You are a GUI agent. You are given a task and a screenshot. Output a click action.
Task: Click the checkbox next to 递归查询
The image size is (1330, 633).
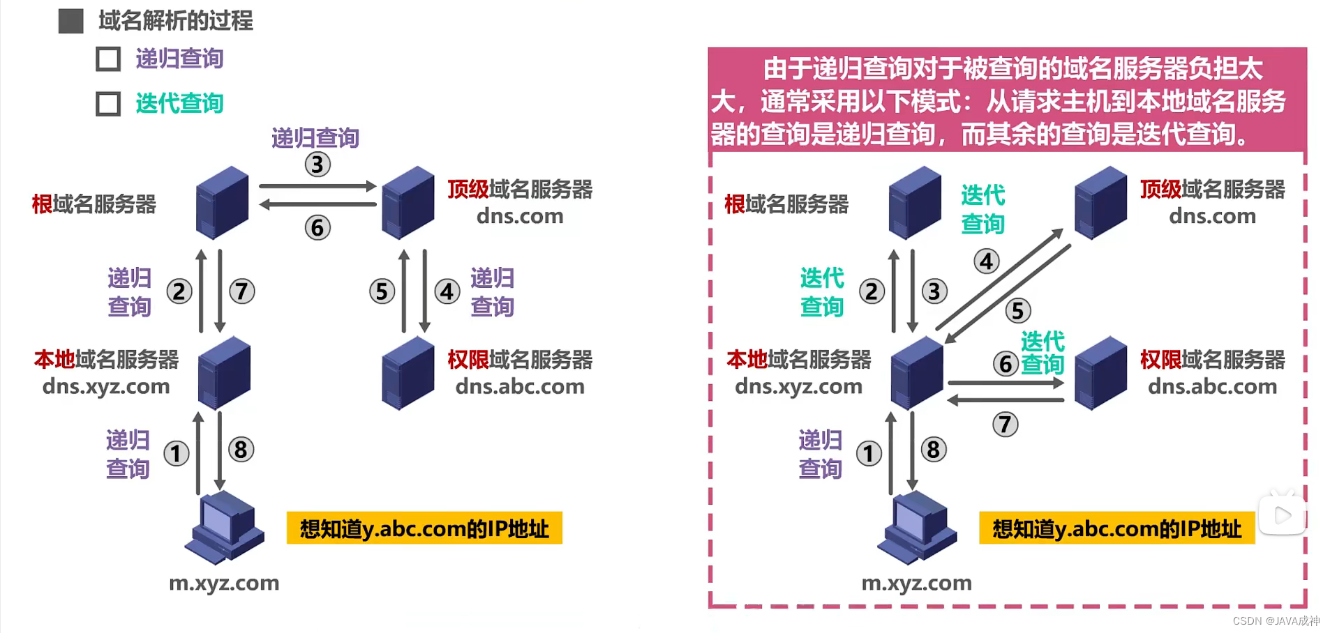[x=108, y=59]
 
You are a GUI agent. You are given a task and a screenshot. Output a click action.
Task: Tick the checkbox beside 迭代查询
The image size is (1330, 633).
[x=108, y=104]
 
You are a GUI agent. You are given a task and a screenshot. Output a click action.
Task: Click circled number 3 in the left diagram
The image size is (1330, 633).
[x=317, y=165]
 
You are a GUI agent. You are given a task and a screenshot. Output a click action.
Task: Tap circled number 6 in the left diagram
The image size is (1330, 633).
[x=317, y=227]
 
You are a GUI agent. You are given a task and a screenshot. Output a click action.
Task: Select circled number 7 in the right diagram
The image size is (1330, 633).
[x=1005, y=424]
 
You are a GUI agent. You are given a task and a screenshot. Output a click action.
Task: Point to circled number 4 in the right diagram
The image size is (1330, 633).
[x=986, y=261]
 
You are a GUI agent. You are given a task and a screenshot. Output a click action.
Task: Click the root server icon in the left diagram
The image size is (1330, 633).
[x=223, y=202]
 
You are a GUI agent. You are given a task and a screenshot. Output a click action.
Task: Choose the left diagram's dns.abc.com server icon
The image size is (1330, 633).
[x=408, y=373]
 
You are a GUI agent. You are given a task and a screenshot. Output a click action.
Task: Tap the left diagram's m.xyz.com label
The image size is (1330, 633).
[x=224, y=583]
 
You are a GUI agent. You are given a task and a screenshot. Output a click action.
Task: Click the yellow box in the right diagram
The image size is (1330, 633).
[x=1116, y=529]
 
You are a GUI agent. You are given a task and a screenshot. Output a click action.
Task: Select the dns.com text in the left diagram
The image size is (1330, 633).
[x=520, y=216]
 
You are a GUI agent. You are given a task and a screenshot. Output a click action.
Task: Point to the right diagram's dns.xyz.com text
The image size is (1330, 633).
[x=798, y=386]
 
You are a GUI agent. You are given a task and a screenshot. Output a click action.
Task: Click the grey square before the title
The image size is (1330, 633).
[x=70, y=21]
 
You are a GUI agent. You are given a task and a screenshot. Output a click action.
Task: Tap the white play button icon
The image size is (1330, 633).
[x=1282, y=515]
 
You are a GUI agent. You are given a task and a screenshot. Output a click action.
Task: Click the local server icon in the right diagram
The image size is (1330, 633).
[x=916, y=373]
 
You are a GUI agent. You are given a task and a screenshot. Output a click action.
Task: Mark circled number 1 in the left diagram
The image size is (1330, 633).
[x=176, y=454]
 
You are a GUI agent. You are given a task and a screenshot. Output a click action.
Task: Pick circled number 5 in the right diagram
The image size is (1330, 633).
[x=1017, y=310]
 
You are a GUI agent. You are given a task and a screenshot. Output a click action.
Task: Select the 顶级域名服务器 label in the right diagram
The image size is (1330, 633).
[x=1212, y=190]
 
